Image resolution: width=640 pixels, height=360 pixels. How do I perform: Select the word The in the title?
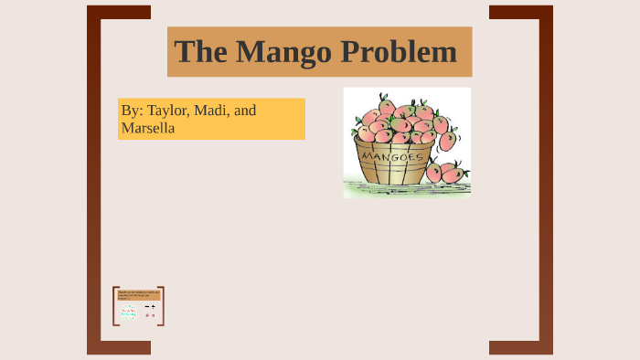(199, 51)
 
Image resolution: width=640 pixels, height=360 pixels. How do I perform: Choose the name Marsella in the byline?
(147, 128)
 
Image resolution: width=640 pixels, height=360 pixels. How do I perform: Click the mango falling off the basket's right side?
(447, 141)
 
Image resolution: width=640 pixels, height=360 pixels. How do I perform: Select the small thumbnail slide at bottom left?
(138, 306)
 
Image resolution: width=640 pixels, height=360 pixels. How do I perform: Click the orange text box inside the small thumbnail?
(138, 294)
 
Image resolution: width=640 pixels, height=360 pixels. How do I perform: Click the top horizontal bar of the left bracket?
(119, 12)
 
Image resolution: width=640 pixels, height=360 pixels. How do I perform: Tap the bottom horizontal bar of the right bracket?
(521, 347)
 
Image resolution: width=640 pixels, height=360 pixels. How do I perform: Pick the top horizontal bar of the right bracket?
(521, 12)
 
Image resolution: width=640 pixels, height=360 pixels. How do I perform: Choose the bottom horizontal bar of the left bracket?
(119, 347)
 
